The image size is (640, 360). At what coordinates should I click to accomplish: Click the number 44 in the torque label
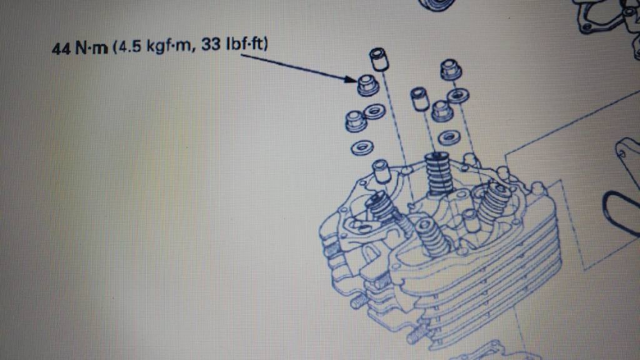(62, 48)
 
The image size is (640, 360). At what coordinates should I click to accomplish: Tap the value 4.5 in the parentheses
(128, 47)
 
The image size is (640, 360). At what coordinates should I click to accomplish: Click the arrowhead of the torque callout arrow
(351, 79)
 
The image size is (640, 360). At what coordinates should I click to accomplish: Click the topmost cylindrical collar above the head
(379, 59)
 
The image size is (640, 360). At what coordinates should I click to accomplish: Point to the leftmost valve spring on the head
(381, 206)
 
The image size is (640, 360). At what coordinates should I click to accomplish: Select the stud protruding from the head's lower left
(357, 301)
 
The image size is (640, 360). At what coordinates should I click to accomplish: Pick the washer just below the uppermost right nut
(459, 96)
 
